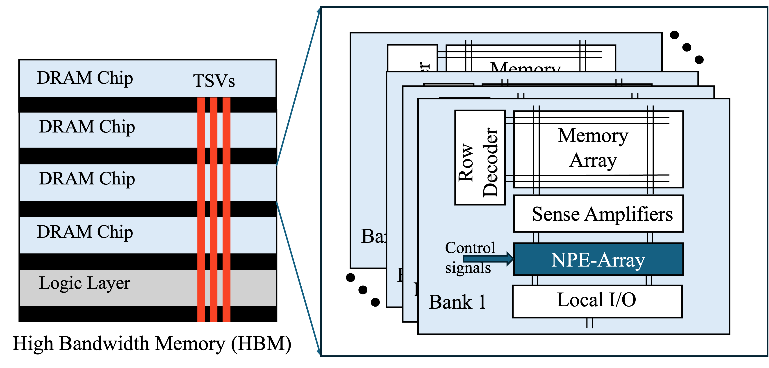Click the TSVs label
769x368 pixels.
pyautogui.click(x=214, y=81)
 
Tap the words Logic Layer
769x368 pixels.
pyautogui.click(x=84, y=283)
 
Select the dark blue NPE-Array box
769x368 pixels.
pyautogui.click(x=598, y=259)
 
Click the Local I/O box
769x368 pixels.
pyautogui.click(x=597, y=301)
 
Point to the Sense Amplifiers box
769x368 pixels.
pyautogui.click(x=598, y=214)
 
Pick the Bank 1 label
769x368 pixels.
pyautogui.click(x=457, y=302)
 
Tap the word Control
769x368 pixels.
pyautogui.click(x=470, y=247)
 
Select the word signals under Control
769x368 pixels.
pyautogui.click(x=468, y=268)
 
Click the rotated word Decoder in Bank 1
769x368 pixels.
pyautogui.click(x=490, y=163)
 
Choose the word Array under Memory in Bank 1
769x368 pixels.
pyautogui.click(x=593, y=160)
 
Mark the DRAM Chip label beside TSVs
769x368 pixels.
pyautogui.click(x=85, y=78)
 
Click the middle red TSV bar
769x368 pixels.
pyautogui.click(x=214, y=209)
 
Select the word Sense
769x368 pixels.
pyautogui.click(x=555, y=214)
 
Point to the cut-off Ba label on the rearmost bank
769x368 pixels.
pyautogui.click(x=373, y=236)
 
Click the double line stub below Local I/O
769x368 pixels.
pyautogui.click(x=589, y=323)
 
